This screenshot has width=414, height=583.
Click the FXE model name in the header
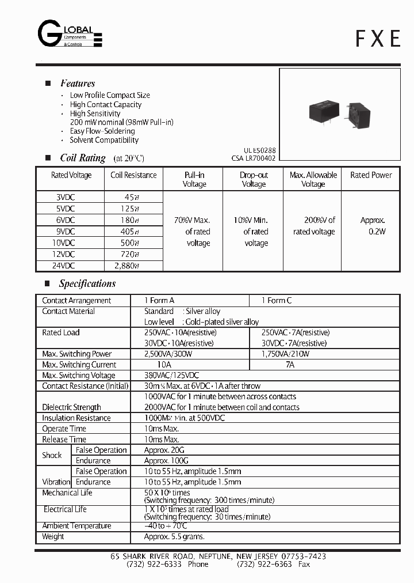pyautogui.click(x=377, y=38)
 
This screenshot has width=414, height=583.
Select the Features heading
pyautogui.click(x=78, y=84)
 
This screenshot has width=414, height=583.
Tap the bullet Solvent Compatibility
pyautogui.click(x=104, y=140)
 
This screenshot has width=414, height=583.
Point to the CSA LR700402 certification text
pyautogui.click(x=254, y=158)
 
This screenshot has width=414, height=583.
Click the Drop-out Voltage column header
pyautogui.click(x=254, y=179)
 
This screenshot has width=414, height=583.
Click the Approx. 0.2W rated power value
pyautogui.click(x=372, y=226)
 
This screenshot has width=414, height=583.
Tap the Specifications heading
pyautogui.click(x=87, y=283)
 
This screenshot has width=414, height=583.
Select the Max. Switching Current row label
pyautogui.click(x=79, y=365)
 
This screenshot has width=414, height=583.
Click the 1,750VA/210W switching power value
pyautogui.click(x=285, y=354)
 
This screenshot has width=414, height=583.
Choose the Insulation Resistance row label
pyautogui.click(x=76, y=418)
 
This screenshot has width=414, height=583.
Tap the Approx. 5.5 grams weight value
pyautogui.click(x=174, y=536)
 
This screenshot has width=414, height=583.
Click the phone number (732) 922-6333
pyautogui.click(x=154, y=565)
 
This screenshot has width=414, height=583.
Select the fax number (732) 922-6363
pyautogui.click(x=263, y=565)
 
